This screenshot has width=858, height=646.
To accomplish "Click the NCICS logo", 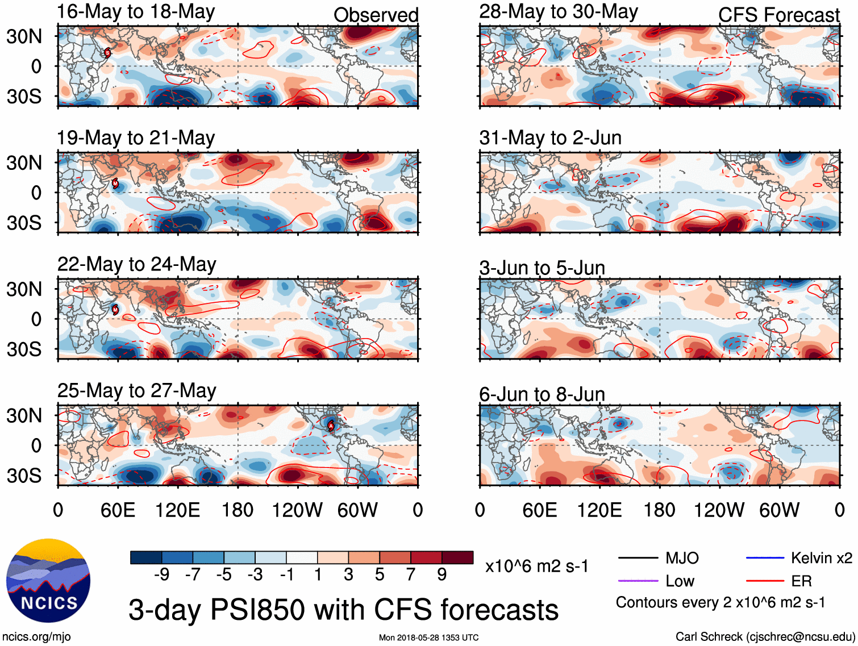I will (x=48, y=580).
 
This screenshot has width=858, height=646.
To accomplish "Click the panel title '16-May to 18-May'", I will (x=136, y=12).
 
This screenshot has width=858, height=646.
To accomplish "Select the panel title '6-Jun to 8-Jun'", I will (x=542, y=394).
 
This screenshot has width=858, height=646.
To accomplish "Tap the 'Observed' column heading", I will (x=376, y=15).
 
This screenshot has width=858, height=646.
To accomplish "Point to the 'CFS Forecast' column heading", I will (x=778, y=15).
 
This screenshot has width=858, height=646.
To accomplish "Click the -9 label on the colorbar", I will (x=161, y=575).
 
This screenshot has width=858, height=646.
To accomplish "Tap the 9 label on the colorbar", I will (x=442, y=575).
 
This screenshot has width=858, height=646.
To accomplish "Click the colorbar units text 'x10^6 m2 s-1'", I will (x=537, y=566).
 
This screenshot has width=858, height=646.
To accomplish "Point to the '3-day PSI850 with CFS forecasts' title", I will (x=343, y=610).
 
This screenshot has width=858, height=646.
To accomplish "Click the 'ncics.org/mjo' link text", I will (x=36, y=637).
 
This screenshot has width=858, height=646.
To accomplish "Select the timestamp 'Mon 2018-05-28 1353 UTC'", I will (x=428, y=637).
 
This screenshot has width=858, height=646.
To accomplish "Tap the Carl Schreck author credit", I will (x=765, y=637).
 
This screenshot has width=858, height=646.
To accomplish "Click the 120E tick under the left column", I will (x=177, y=510).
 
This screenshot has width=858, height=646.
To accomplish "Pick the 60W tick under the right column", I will (x=779, y=510).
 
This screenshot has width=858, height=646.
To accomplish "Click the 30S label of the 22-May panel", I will (x=24, y=349).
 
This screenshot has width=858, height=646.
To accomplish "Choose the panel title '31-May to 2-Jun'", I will (x=550, y=137).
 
